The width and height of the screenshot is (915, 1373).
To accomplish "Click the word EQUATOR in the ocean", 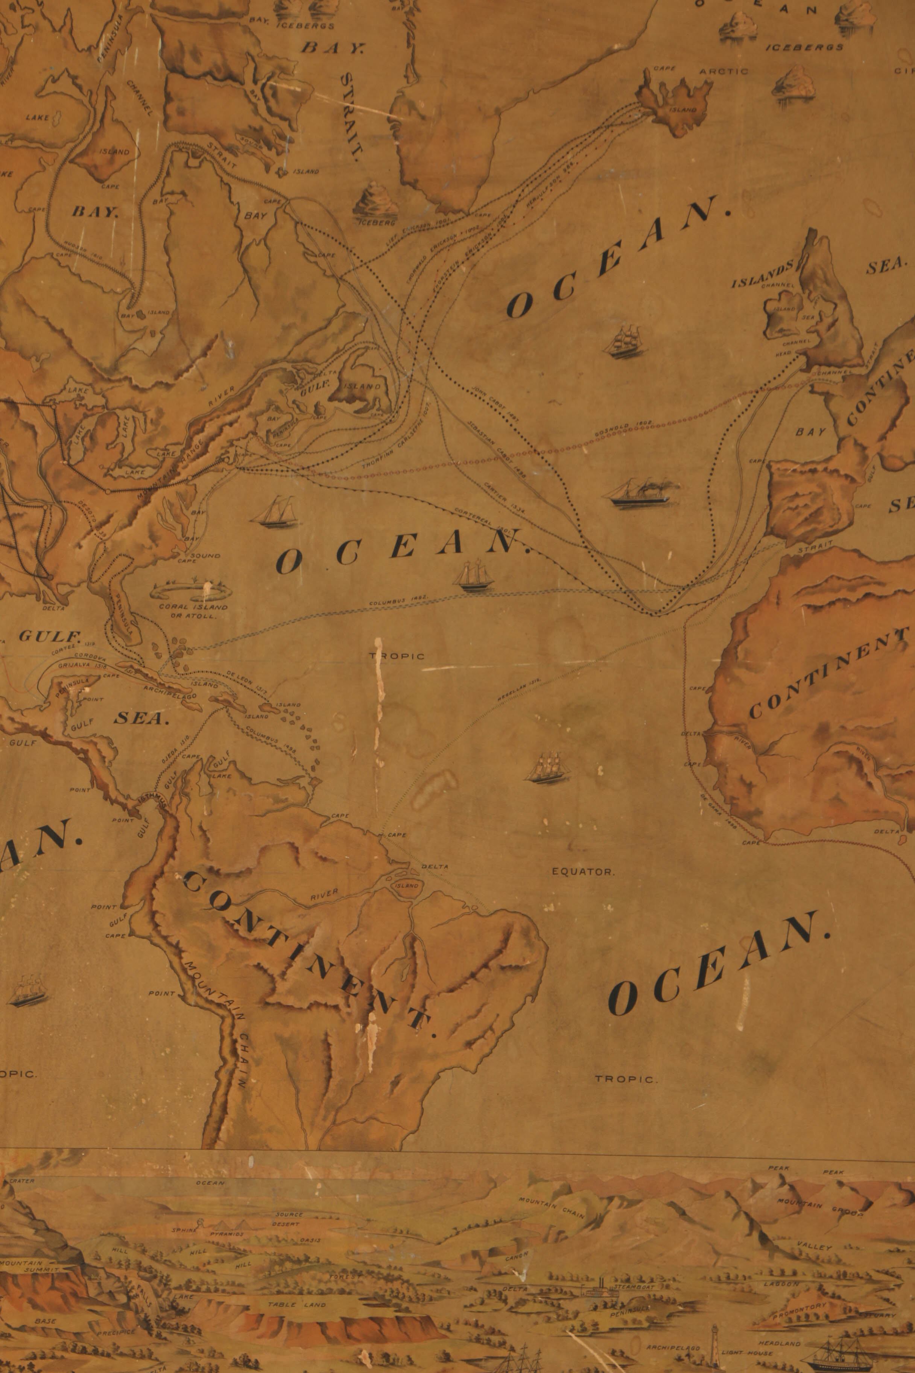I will [583, 872].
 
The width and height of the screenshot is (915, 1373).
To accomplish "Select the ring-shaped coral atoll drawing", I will [190, 591].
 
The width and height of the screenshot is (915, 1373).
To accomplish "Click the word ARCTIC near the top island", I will [723, 71].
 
